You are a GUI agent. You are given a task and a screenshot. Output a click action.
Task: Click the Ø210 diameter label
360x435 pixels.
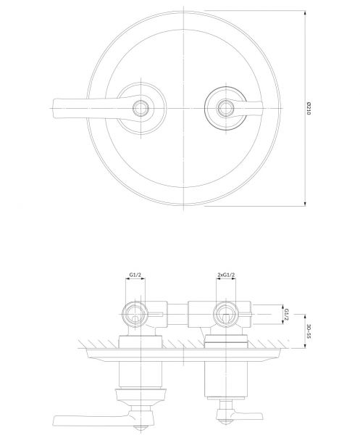309,108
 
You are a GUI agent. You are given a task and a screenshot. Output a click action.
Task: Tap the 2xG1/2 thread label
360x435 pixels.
226,275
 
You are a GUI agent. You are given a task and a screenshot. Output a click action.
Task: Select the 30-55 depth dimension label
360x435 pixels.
309,331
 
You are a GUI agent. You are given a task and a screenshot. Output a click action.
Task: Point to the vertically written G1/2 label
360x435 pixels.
287,315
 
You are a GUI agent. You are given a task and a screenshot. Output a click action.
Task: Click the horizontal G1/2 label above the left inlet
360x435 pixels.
135,275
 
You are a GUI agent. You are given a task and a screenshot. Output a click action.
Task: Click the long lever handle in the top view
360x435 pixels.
91,108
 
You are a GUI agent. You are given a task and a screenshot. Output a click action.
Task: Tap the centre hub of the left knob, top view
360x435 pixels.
141,108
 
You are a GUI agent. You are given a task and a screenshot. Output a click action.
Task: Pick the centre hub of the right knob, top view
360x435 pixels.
226,108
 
